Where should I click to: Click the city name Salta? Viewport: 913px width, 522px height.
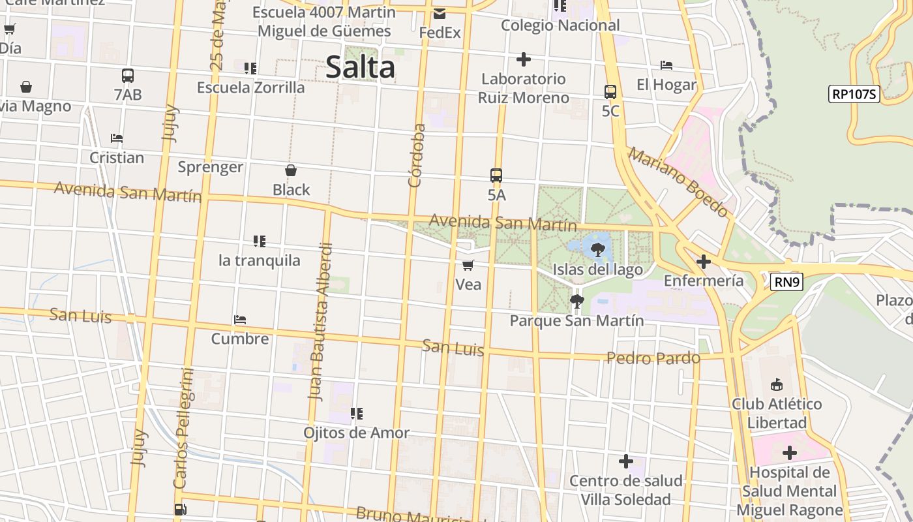click(x=360, y=67)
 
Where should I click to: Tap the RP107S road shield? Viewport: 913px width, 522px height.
click(x=854, y=94)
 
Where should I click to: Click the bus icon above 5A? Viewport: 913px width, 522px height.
click(x=496, y=176)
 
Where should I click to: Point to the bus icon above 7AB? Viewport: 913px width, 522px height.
click(x=128, y=76)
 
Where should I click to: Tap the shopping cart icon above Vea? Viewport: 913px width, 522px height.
click(x=468, y=265)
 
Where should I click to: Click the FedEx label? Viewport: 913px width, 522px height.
click(x=440, y=32)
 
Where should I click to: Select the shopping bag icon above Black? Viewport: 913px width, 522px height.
click(x=291, y=171)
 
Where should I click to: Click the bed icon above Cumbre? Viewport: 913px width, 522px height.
click(x=240, y=320)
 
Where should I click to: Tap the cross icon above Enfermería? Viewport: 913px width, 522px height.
click(x=703, y=262)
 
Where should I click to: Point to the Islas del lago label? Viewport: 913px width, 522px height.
click(x=597, y=269)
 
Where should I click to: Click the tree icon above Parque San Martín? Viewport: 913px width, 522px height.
click(x=576, y=301)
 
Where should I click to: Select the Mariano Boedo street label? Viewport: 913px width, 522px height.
click(x=678, y=182)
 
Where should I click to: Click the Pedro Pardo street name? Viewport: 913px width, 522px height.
click(x=653, y=358)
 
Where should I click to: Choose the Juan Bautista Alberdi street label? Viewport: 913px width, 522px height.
click(x=321, y=321)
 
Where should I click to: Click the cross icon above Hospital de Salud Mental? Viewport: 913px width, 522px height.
click(x=789, y=453)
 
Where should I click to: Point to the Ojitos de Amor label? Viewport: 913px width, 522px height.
click(x=356, y=433)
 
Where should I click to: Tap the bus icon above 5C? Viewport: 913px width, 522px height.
click(x=610, y=92)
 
